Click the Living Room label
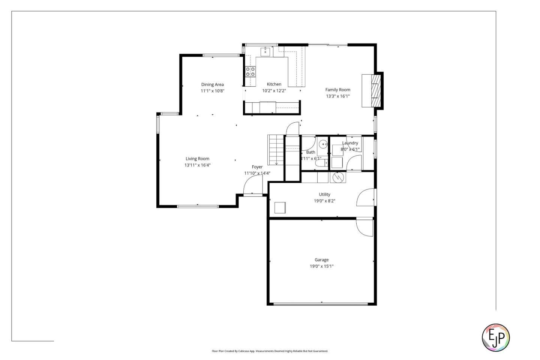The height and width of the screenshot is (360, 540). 197,159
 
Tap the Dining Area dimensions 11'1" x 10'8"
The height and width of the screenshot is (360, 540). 212,91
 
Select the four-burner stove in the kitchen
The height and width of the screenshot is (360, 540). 250,71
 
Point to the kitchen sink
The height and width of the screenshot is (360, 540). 265,51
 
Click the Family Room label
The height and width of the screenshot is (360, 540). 337,90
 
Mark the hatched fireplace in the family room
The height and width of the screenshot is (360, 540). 375,91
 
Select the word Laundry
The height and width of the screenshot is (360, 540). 350,143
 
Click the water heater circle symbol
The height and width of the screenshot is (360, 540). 338,177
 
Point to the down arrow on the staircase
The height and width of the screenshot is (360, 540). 276,162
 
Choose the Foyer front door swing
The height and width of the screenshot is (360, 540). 252,185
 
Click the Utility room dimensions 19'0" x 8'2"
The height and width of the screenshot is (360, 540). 324,201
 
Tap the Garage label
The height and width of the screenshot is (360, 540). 321,260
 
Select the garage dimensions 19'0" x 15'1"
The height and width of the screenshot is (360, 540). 321,266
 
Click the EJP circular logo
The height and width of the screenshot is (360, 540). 495,337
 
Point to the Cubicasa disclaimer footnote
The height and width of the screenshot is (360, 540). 270,351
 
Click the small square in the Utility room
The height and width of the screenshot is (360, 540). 280,207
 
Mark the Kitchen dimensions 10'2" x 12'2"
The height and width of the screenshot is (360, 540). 274,91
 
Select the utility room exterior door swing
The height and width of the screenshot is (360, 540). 366,198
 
